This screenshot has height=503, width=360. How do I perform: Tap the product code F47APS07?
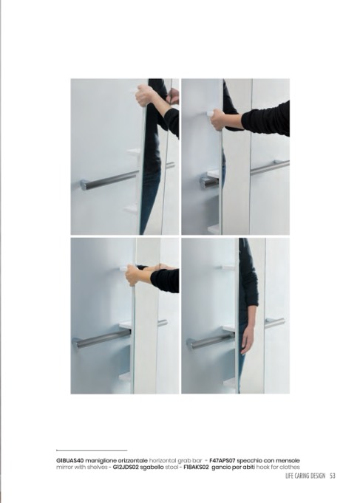coord(223,461)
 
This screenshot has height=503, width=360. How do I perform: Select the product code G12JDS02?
coord(126,467)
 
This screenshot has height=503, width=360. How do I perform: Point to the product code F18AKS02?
coord(196,467)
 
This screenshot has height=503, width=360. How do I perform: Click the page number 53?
coord(333,476)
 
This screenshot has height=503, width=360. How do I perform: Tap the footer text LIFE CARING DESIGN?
coord(305,476)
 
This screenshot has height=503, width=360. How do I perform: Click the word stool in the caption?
coord(171,467)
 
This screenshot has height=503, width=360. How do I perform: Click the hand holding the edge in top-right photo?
coord(218,120)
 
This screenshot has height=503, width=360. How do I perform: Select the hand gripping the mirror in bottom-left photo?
coord(134,275)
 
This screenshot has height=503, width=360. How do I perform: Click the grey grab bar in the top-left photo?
coord(109,180)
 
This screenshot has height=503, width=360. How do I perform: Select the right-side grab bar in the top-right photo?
coord(270,167)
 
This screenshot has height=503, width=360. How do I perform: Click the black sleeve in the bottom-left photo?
coord(165,281)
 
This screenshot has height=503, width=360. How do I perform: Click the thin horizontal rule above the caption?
coord(92,451)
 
